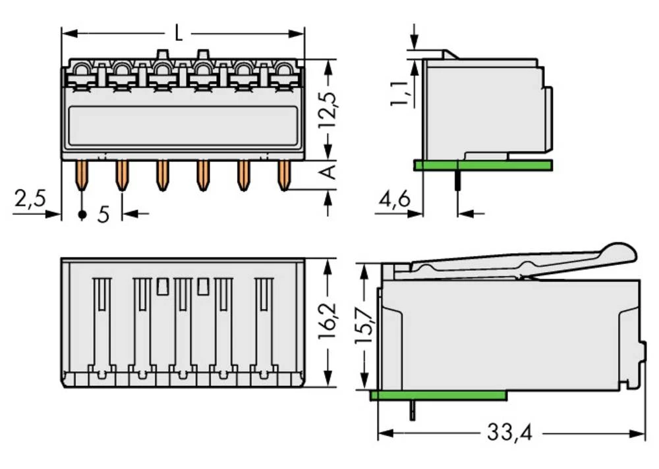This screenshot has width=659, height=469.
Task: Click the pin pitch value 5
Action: pyautogui.click(x=103, y=215)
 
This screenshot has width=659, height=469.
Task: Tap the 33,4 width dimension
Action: pyautogui.click(x=508, y=433)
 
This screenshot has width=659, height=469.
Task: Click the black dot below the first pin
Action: pyautogui.click(x=82, y=215)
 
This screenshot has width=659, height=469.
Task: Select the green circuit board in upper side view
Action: pyautogui.click(x=483, y=165)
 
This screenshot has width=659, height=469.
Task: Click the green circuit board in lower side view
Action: pyautogui.click(x=438, y=395)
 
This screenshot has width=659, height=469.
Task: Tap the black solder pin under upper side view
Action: pyautogui.click(x=456, y=180)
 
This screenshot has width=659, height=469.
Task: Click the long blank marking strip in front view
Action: pyautogui.click(x=183, y=126)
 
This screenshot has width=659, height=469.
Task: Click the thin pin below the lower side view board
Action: pyautogui.click(x=413, y=410)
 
